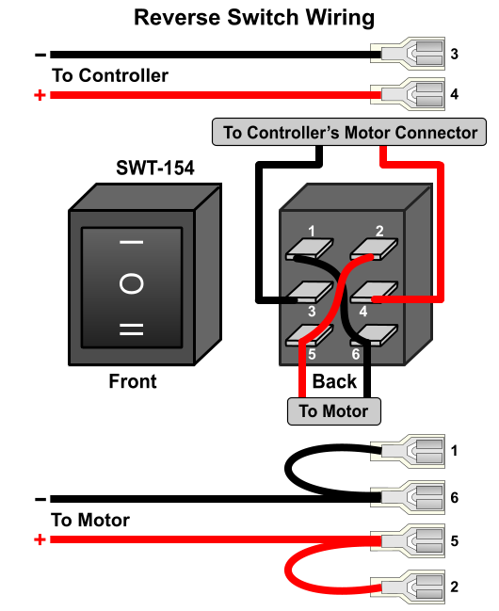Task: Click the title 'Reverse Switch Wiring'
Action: pyautogui.click(x=254, y=18)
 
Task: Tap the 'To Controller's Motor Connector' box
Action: pyautogui.click(x=349, y=132)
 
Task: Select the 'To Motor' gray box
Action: pyautogui.click(x=333, y=411)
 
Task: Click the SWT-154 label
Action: pyautogui.click(x=154, y=168)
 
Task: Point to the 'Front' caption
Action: pyautogui.click(x=133, y=381)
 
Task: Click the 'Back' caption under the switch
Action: pyautogui.click(x=334, y=381)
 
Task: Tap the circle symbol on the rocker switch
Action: pyautogui.click(x=132, y=283)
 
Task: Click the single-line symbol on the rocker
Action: pyautogui.click(x=132, y=242)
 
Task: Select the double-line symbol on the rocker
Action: pyautogui.click(x=132, y=330)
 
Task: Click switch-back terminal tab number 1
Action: pyautogui.click(x=310, y=249)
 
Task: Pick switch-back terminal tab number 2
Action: pyautogui.click(x=374, y=249)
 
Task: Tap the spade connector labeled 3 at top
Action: pyautogui.click(x=408, y=54)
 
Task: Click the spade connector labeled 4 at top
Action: pyautogui.click(x=408, y=94)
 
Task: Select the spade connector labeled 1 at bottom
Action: pyautogui.click(x=408, y=451)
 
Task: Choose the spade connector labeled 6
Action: pyautogui.click(x=408, y=498)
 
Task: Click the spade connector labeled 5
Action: pyautogui.click(x=408, y=540)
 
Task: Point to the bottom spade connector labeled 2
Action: pyautogui.click(x=408, y=587)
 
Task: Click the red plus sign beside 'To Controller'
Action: pyautogui.click(x=40, y=95)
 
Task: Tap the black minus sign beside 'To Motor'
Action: pyautogui.click(x=40, y=499)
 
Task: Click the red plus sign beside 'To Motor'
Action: pyautogui.click(x=40, y=539)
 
